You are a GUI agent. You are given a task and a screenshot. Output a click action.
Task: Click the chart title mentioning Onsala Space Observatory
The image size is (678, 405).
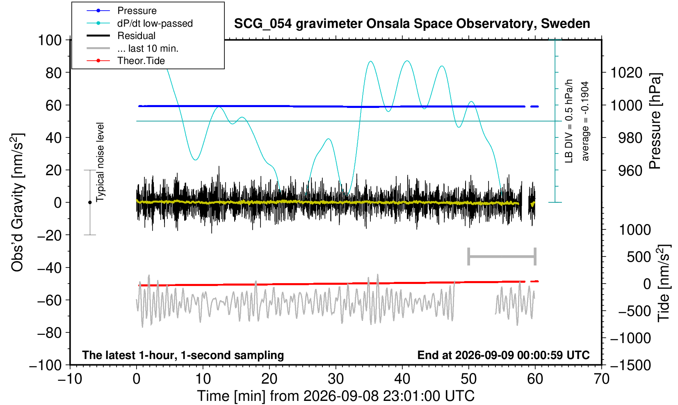pos(412,24)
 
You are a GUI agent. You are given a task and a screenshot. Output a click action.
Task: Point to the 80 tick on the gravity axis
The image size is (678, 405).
pos(54,73)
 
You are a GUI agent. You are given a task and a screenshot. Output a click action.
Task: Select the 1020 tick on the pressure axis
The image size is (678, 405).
pos(626,73)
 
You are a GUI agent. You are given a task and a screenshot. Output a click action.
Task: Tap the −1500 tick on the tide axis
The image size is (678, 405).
pos(630,365)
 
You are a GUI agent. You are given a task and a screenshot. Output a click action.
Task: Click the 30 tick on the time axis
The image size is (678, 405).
pos(336,379)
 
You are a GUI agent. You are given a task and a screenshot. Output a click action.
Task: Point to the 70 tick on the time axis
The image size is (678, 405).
pos(601,379)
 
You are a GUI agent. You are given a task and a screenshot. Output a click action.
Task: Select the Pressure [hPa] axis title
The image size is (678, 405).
pos(655,121)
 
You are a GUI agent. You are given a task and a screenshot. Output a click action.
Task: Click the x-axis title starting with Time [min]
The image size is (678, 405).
pos(336,396)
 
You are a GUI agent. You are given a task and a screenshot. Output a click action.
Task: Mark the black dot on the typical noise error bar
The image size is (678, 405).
pos(90,202)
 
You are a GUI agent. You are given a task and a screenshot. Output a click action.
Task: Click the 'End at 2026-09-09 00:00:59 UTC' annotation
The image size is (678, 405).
pos(503,355)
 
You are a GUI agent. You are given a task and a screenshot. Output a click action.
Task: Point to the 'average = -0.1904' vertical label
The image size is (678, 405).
pos(585,121)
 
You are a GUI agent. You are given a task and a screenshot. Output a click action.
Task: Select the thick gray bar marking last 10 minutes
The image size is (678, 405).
pos(502,256)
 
